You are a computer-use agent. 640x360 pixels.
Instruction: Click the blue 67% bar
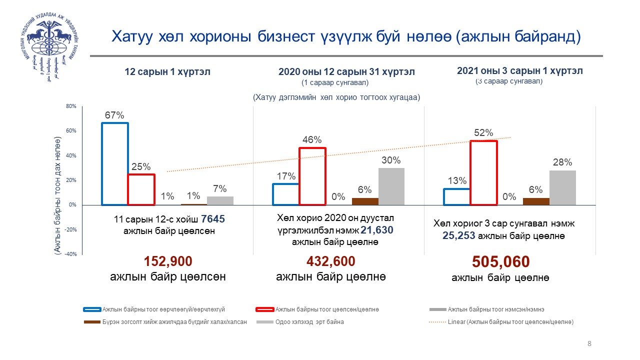coord(114,164)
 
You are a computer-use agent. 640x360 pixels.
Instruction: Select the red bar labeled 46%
coord(312,176)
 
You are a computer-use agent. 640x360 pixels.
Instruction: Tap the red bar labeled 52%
coord(483,173)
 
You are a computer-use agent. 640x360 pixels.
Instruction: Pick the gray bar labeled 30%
coord(391,186)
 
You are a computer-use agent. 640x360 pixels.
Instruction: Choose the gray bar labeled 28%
coord(562,187)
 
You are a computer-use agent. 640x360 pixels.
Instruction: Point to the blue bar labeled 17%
coord(285,194)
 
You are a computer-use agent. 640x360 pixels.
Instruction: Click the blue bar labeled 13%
coord(456,197)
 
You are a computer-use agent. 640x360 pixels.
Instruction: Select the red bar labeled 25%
coord(141,189)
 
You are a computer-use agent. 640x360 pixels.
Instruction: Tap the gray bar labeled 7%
coord(220,200)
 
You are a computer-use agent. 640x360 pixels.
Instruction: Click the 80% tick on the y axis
coord(70,106)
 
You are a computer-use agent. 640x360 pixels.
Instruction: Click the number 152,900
coord(168,261)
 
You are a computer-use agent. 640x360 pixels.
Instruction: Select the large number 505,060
coord(500,262)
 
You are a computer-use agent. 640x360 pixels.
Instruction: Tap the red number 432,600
coord(330,261)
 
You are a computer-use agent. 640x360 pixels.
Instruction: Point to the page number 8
coord(589,343)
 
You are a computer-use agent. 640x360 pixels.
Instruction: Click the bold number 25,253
coord(458,236)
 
